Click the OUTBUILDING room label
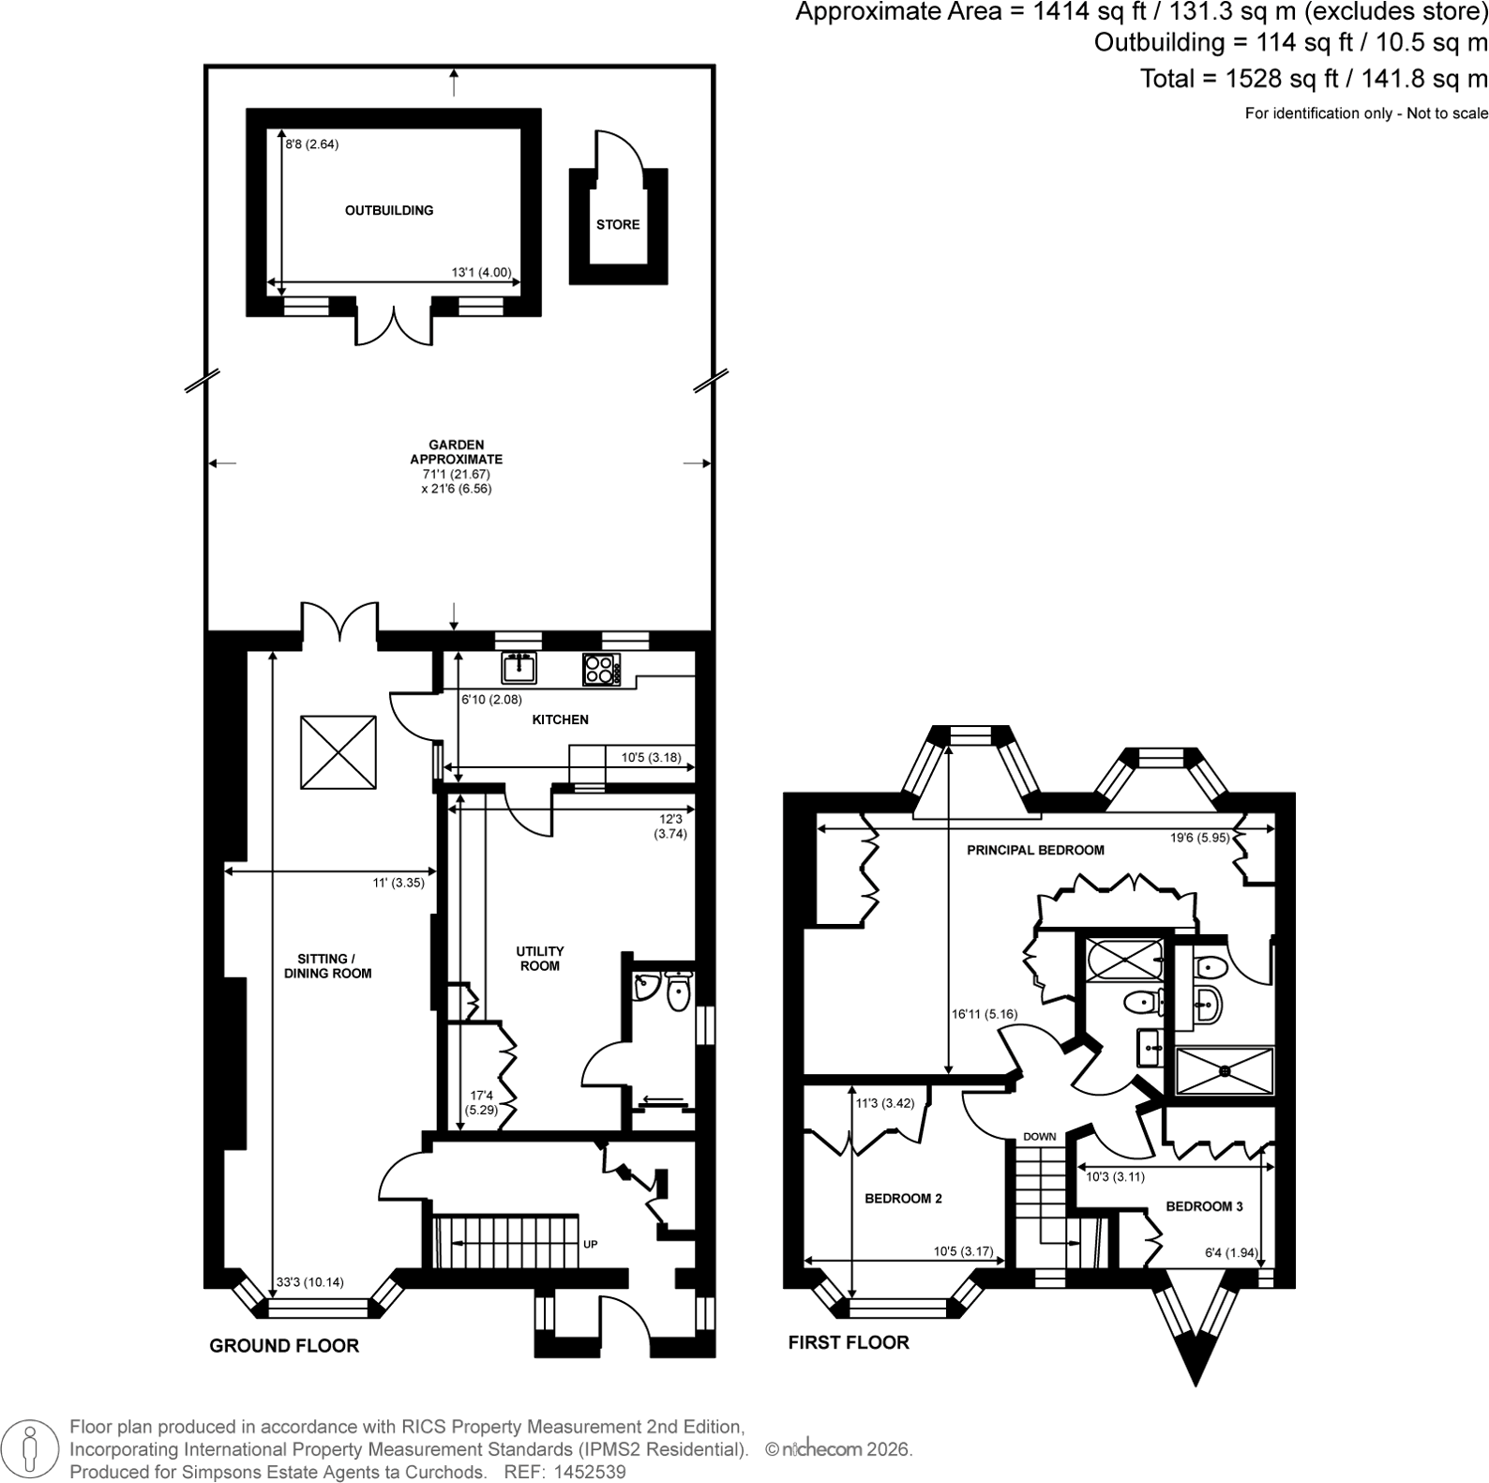pyautogui.click(x=389, y=210)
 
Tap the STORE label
pyautogui.click(x=618, y=224)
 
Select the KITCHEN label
pyautogui.click(x=560, y=719)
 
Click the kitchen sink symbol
pyautogui.click(x=519, y=668)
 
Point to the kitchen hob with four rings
pyautogui.click(x=601, y=669)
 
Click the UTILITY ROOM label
pyautogui.click(x=539, y=958)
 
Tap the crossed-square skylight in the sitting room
pyautogui.click(x=338, y=752)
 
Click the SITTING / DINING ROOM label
pyautogui.click(x=327, y=966)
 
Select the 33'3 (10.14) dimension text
pyautogui.click(x=309, y=1282)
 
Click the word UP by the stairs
pyautogui.click(x=591, y=1245)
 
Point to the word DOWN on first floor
pyautogui.click(x=1040, y=1137)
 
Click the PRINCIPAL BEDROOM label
pyautogui.click(x=1035, y=850)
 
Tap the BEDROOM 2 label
pyautogui.click(x=903, y=1198)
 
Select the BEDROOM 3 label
pyautogui.click(x=1204, y=1206)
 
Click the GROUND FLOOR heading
pyautogui.click(x=284, y=1346)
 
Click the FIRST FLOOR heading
pyautogui.click(x=849, y=1342)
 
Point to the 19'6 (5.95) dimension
pyautogui.click(x=1199, y=838)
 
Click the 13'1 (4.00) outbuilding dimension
pyautogui.click(x=481, y=273)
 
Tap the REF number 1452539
pyautogui.click(x=592, y=1472)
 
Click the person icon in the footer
pyautogui.click(x=32, y=1448)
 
